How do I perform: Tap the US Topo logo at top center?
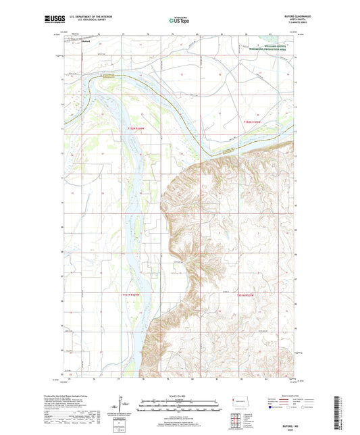[x=175, y=21]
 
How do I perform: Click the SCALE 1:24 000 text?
[x=179, y=395]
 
